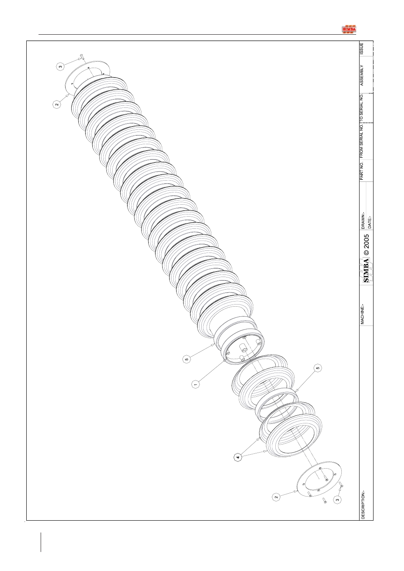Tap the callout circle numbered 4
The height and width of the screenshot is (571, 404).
pos(238,458)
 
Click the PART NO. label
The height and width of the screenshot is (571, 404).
pos(362,170)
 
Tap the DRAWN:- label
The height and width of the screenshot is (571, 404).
pos(363,221)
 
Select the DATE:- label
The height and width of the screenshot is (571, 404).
pos(369,222)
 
